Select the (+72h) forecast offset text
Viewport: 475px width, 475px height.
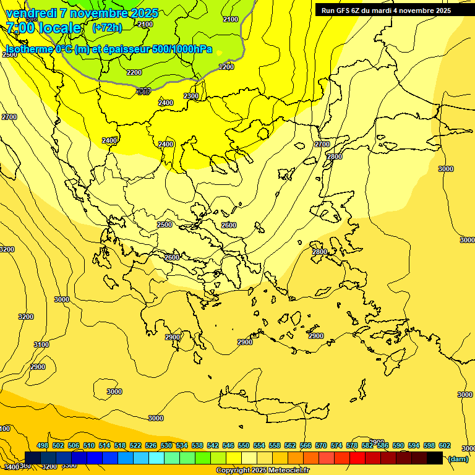coord(107,28)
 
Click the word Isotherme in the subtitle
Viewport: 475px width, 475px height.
coord(28,49)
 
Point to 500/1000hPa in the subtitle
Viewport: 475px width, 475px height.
coord(181,49)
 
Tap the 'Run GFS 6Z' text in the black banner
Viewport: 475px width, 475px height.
coord(340,11)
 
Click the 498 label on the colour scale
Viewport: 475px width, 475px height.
coord(43,446)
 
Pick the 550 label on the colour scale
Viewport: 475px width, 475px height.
coord(244,446)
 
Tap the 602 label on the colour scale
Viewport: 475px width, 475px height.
coord(445,446)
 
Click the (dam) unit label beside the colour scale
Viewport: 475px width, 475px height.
coord(458,459)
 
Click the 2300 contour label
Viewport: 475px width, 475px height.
coord(191,96)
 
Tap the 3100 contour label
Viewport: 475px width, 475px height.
coord(41,344)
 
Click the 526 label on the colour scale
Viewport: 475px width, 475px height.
coord(151,446)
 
